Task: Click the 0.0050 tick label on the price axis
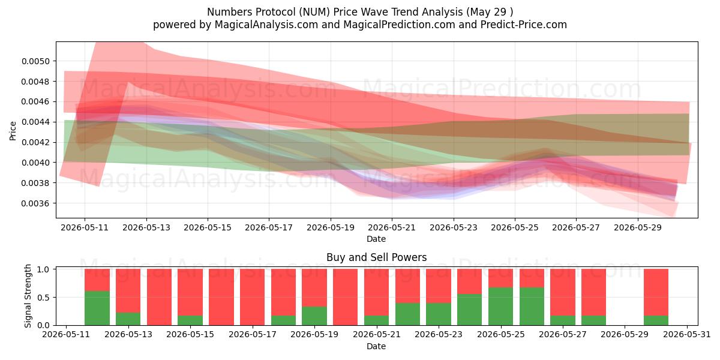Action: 35,61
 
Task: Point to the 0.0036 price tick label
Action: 35,203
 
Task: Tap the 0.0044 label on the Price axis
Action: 35,122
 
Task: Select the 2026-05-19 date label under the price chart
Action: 331,227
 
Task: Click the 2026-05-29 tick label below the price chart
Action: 638,227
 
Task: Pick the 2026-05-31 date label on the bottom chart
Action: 687,335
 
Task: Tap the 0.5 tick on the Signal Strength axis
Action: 44,298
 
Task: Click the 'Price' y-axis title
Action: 13,131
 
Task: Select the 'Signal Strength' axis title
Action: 28,296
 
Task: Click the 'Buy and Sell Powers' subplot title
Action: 376,257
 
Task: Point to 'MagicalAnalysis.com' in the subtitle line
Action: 266,25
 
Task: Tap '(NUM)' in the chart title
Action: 314,12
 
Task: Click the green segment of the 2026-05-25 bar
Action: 501,307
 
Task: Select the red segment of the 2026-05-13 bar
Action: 128,291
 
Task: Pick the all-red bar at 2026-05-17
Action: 253,297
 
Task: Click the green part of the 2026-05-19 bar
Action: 314,316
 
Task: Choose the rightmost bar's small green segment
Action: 656,320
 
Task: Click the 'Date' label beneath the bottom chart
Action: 376,346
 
